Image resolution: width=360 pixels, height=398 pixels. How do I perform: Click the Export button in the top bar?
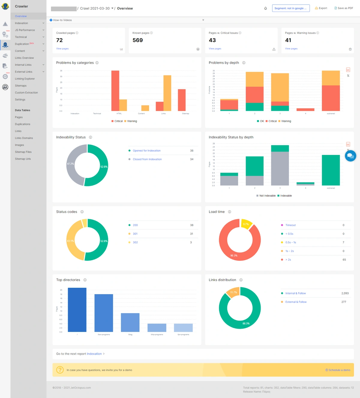pyautogui.click(x=321, y=8)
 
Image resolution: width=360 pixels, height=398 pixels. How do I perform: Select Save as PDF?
pyautogui.click(x=344, y=8)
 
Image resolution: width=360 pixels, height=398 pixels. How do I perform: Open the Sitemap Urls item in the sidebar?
pyautogui.click(x=23, y=159)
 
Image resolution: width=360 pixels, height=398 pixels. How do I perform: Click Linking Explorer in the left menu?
pyautogui.click(x=25, y=79)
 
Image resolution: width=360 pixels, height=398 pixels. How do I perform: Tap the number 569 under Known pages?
pyautogui.click(x=138, y=40)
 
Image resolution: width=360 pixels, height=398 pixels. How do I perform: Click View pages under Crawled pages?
pyautogui.click(x=62, y=49)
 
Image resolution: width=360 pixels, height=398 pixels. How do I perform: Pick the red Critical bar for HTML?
pyautogui.click(x=115, y=91)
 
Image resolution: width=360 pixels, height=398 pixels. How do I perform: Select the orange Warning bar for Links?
pyautogui.click(x=167, y=93)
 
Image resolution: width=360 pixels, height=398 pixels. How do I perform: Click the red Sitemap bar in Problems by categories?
pyautogui.click(x=181, y=100)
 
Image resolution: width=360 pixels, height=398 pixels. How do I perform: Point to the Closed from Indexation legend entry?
pyautogui.click(x=147, y=159)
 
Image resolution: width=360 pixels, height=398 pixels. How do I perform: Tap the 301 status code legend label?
pyautogui.click(x=135, y=234)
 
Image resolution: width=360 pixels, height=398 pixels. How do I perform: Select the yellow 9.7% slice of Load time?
pyautogui.click(x=246, y=224)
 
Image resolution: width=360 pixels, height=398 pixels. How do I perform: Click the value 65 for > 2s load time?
pyautogui.click(x=344, y=260)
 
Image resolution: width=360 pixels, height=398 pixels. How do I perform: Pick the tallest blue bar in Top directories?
pyautogui.click(x=77, y=310)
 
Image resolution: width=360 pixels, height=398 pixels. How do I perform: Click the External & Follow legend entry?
pyautogui.click(x=296, y=302)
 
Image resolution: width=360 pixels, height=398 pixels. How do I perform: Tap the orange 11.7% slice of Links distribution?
pyautogui.click(x=233, y=292)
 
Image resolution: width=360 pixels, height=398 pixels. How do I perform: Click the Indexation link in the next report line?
pyautogui.click(x=94, y=354)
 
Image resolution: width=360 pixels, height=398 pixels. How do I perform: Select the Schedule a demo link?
pyautogui.click(x=339, y=370)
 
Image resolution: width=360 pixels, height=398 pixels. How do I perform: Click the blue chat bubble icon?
pyautogui.click(x=350, y=156)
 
